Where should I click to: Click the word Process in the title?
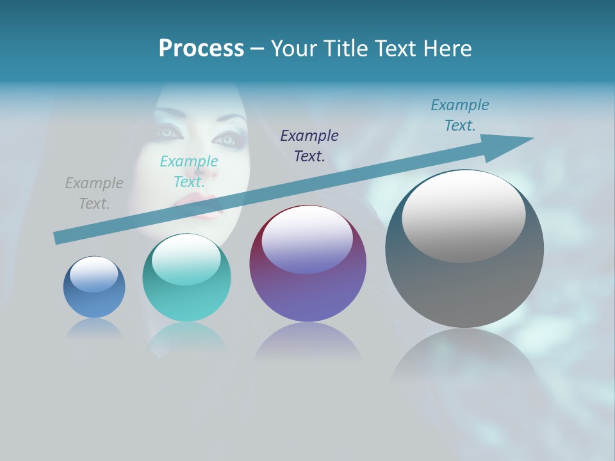click(x=201, y=49)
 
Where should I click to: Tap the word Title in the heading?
click(x=347, y=49)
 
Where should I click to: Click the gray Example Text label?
click(x=94, y=193)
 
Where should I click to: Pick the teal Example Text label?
click(x=189, y=172)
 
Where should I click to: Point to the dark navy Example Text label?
click(x=309, y=146)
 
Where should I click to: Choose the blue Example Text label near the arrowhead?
click(x=460, y=115)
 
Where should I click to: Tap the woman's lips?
click(x=206, y=213)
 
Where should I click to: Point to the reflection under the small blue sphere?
click(x=94, y=328)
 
